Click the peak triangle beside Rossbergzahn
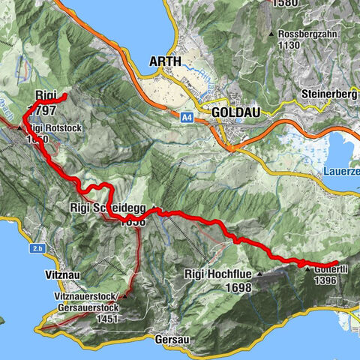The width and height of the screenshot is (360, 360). coord(271,34)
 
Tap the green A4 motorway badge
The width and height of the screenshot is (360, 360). coord(187,117)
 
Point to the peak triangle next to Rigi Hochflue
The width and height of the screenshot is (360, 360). coord(260,275)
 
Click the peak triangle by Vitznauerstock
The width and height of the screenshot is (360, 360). coord(126,295)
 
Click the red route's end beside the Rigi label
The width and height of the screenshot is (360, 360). coord(66,95)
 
